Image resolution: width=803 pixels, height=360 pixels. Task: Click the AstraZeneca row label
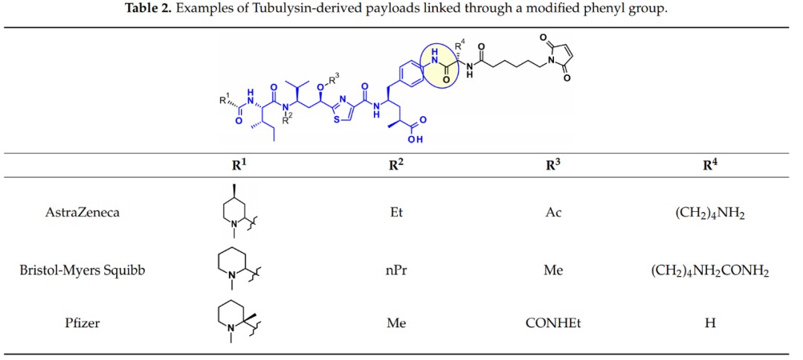(83, 212)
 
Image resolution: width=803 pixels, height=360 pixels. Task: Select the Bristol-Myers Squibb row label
(83, 269)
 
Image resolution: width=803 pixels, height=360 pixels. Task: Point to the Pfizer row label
(83, 324)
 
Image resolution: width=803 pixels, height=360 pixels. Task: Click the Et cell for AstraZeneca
(396, 212)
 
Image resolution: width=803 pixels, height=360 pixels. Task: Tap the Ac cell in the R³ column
(554, 212)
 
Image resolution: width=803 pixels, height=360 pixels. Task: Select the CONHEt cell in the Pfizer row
(554, 324)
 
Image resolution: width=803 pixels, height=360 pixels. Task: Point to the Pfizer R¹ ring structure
(234, 321)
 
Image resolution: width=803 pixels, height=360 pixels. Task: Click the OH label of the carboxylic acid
(416, 139)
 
